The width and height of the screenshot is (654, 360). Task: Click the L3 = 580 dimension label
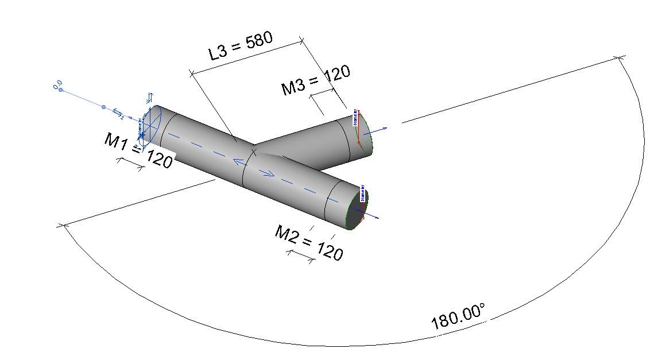tap(240, 47)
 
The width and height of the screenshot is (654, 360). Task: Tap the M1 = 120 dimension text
tap(138, 150)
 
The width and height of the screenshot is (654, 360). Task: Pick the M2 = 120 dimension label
tap(309, 242)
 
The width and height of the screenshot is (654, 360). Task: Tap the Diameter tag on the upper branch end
tap(355, 117)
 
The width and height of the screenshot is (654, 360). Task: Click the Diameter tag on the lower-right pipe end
tap(363, 193)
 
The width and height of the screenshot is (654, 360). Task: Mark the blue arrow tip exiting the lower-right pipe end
tap(376, 218)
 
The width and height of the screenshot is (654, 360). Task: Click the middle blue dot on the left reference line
tap(104, 107)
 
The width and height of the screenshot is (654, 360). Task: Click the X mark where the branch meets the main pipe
tap(253, 152)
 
